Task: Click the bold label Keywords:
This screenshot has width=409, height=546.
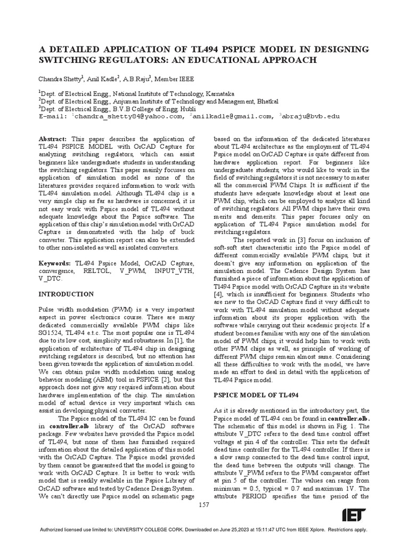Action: click(x=55, y=263)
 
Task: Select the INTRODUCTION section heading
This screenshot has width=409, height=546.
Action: click(x=66, y=294)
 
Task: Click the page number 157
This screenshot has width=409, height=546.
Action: click(x=204, y=505)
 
